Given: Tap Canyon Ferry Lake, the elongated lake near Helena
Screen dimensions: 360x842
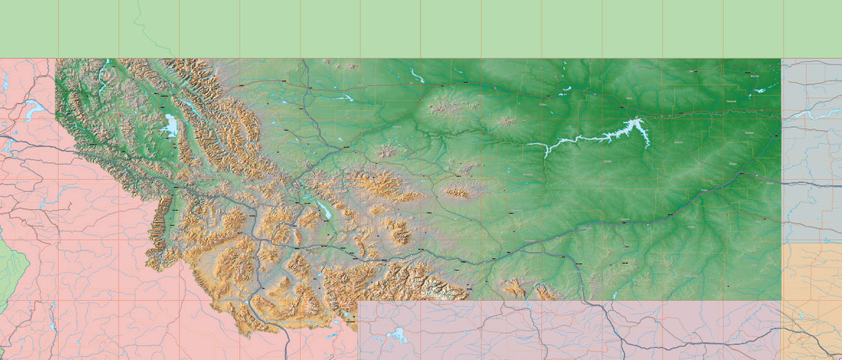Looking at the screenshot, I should tap(325, 208).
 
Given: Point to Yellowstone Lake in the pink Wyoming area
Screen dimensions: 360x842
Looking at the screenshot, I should tap(397, 335).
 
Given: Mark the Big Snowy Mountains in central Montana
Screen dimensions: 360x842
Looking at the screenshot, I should tap(456, 192).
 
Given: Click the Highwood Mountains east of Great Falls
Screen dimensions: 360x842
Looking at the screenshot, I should tap(385, 151).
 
